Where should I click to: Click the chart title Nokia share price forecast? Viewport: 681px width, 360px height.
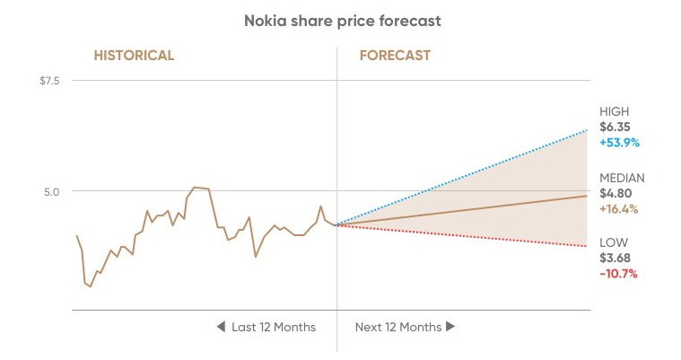340,20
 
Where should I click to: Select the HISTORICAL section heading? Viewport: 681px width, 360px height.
134,56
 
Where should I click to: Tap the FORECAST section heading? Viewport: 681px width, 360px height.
395,56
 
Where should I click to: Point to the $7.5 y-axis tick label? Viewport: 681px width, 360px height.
48,81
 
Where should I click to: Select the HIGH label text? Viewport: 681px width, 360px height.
615,111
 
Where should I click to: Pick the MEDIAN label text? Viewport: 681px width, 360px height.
622,178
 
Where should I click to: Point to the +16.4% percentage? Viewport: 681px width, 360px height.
619,208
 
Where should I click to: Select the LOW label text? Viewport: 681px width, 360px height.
614,242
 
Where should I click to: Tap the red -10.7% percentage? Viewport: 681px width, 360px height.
618,273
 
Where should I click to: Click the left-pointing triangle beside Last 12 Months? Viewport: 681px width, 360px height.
221,327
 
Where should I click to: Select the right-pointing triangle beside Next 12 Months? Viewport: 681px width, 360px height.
450,327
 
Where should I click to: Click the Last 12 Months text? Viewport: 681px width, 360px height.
274,327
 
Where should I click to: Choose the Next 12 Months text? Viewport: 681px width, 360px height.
398,327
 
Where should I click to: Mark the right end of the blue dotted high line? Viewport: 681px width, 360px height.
587,131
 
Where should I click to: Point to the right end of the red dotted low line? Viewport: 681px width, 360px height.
587,246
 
